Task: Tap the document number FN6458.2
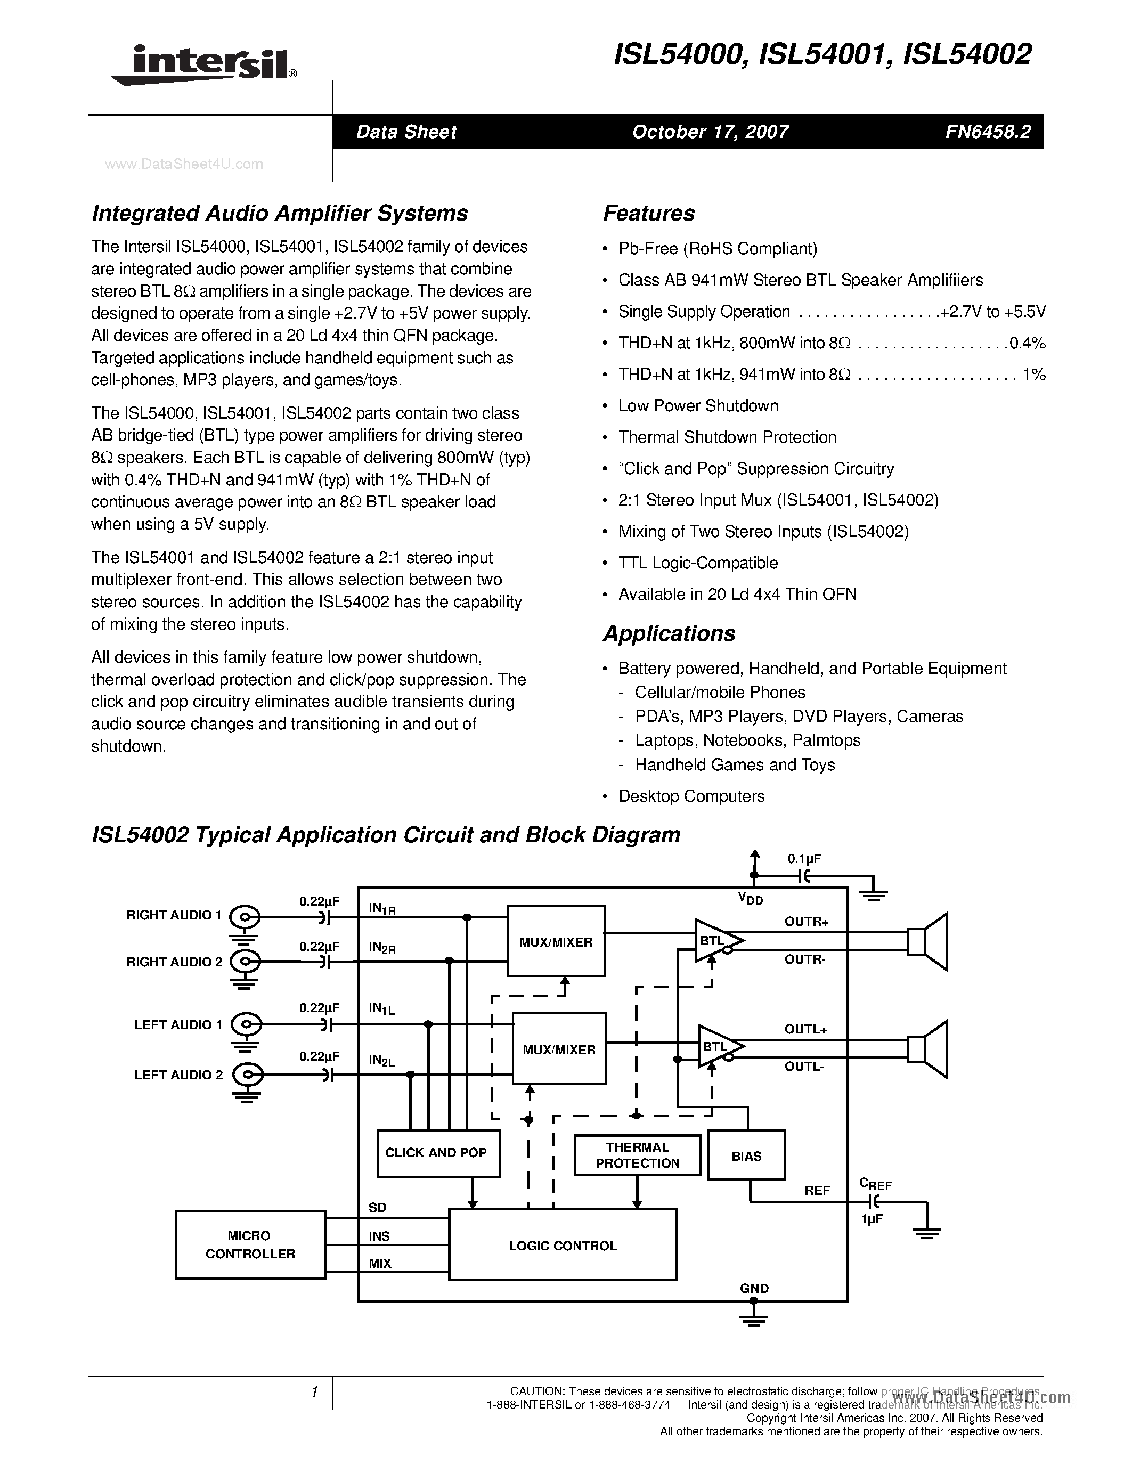pos(988,132)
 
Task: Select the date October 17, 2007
pos(710,132)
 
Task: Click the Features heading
pos(648,213)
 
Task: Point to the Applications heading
pos(669,633)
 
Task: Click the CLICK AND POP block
pos(438,1152)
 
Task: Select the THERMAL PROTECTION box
pos(637,1155)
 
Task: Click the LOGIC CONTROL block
pos(562,1245)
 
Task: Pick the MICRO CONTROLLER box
pos(250,1244)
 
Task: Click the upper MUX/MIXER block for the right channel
pos(555,941)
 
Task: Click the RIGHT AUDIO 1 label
pos(174,915)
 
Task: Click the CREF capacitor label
pos(875,1184)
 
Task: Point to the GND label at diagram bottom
pos(754,1288)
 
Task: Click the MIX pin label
pos(380,1263)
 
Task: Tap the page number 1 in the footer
pos(314,1393)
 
